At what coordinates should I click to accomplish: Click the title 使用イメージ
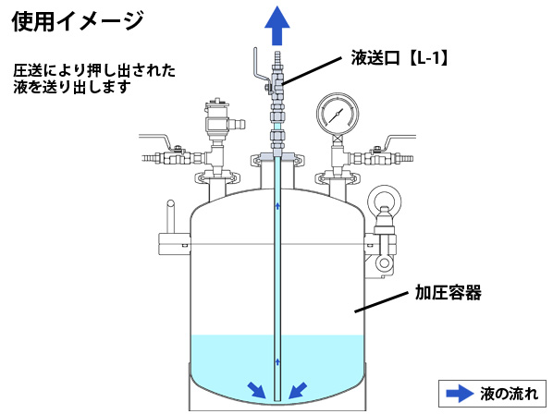tap(78, 20)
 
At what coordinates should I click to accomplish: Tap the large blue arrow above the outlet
tap(277, 26)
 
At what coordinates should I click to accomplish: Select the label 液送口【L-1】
tap(399, 58)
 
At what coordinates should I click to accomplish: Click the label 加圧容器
tap(448, 292)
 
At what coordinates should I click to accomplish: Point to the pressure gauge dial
tap(338, 114)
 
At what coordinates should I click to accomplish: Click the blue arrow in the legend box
tap(460, 394)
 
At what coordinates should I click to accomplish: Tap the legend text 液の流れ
tap(509, 394)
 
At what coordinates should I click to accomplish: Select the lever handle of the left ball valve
tap(156, 140)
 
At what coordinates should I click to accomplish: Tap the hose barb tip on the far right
tap(406, 158)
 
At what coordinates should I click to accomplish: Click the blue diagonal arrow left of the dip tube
tap(257, 390)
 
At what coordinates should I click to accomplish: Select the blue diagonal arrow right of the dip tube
tap(298, 390)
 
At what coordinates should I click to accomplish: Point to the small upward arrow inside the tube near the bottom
tap(277, 361)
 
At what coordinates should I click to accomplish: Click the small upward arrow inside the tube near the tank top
tap(277, 206)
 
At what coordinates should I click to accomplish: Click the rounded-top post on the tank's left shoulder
tap(171, 216)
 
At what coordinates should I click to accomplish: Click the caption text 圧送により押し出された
tap(94, 70)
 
